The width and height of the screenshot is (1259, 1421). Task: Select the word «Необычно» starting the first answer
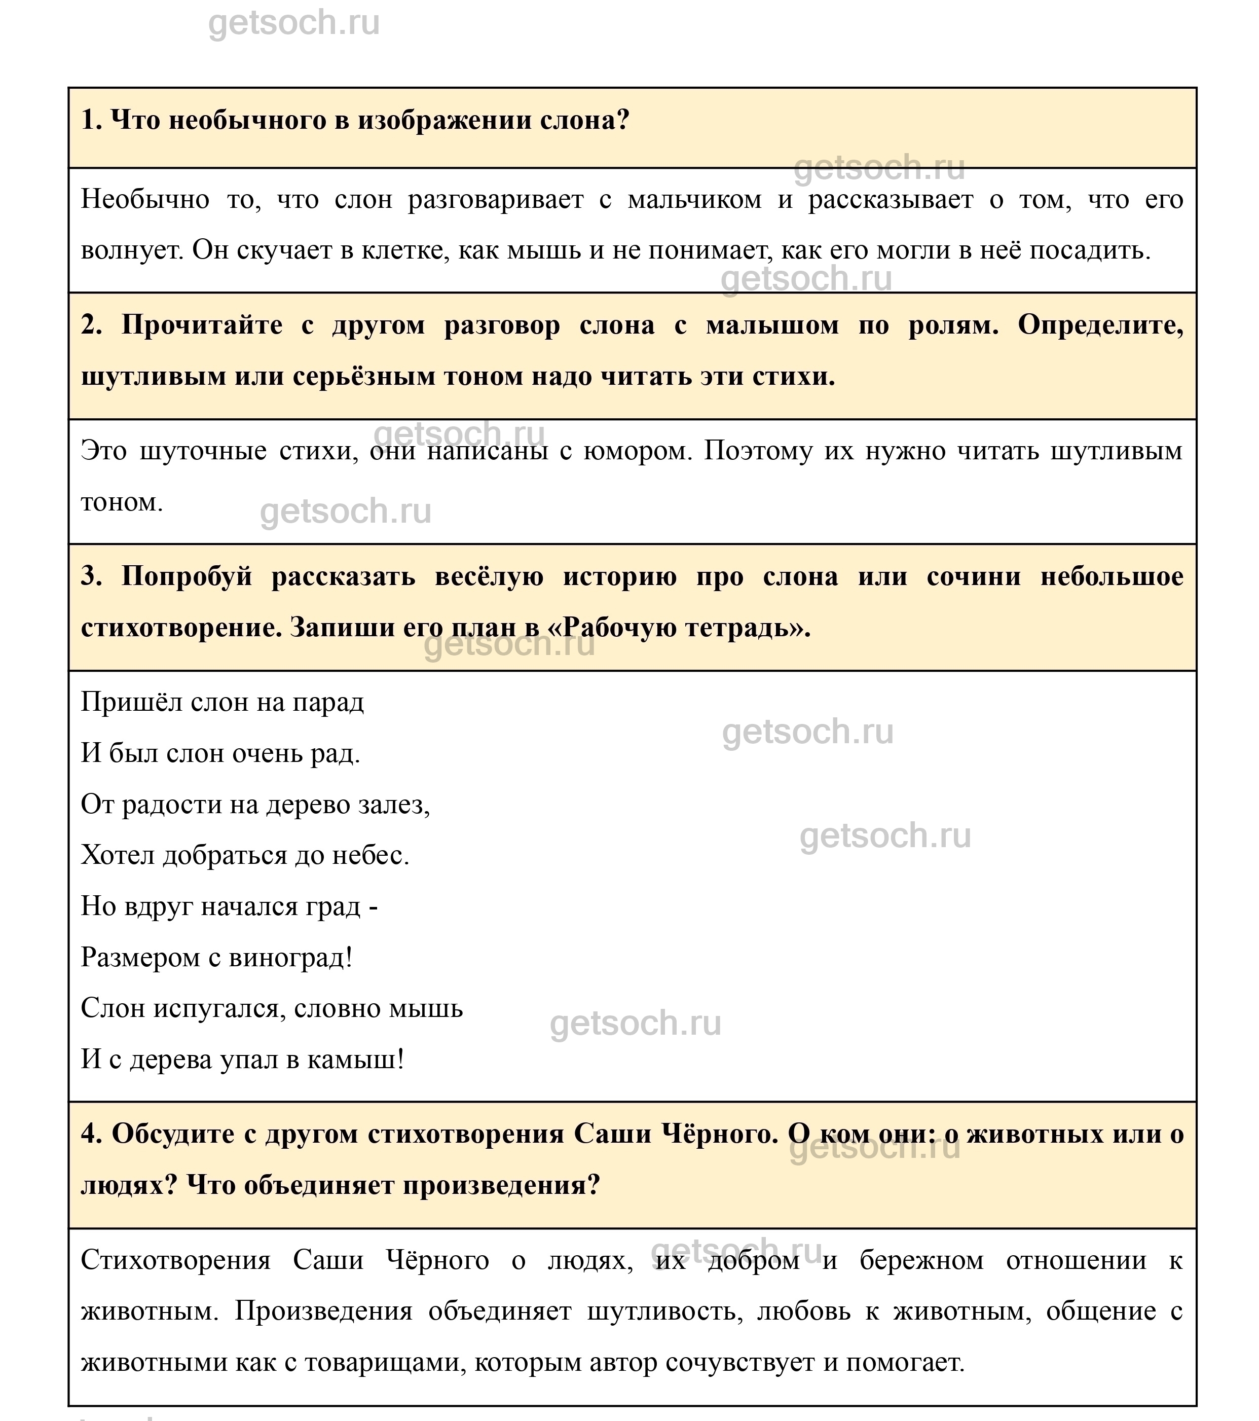[x=144, y=200]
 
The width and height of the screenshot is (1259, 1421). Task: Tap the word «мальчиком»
[x=694, y=200]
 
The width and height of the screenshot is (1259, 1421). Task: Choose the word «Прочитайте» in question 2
[x=202, y=325]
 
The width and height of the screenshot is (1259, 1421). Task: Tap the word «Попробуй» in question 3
[x=187, y=577]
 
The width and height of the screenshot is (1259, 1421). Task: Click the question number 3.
[x=90, y=577]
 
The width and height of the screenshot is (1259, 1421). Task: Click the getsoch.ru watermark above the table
[x=294, y=24]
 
